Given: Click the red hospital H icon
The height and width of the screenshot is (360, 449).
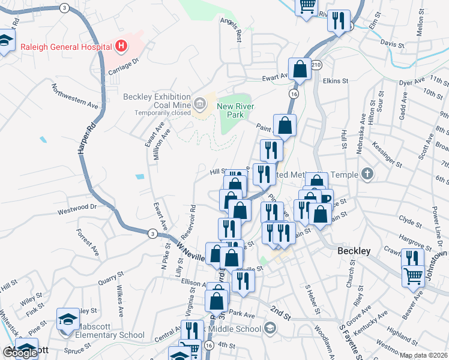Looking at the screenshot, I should (121, 46).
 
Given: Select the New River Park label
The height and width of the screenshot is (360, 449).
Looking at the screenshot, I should (236, 110).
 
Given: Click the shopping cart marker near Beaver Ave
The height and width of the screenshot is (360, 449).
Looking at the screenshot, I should (412, 277).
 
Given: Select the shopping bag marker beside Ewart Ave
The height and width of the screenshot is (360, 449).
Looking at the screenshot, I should (300, 70).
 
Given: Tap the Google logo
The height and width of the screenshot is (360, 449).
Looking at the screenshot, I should (20, 353).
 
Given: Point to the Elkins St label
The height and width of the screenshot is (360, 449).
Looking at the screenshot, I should (336, 81).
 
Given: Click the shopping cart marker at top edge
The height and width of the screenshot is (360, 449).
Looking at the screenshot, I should (307, 6).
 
